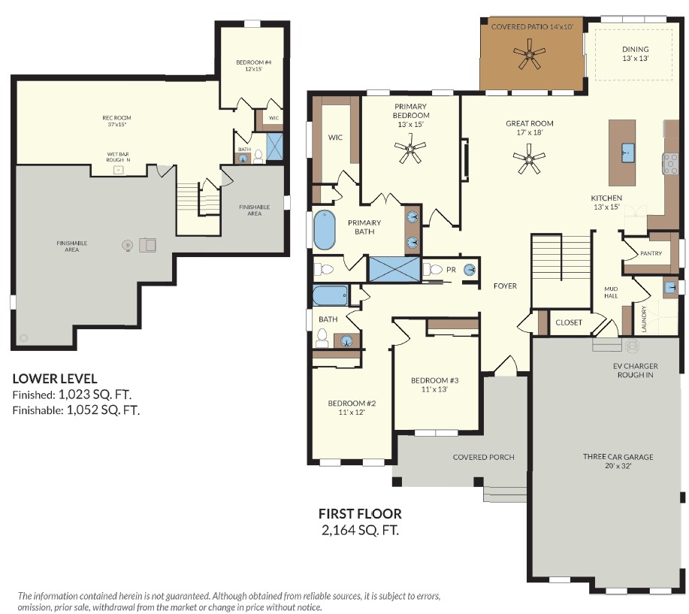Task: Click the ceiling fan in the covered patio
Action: click(530, 54)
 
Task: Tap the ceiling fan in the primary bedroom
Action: click(410, 150)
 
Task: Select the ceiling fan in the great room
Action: click(529, 159)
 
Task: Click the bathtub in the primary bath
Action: click(325, 230)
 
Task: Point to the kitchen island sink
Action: click(627, 153)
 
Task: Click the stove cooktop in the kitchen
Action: click(670, 164)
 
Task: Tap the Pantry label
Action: click(651, 253)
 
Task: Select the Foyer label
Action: click(505, 286)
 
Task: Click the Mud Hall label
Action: click(611, 292)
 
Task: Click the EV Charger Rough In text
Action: click(636, 371)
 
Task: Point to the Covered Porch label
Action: click(483, 458)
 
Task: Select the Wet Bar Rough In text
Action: click(118, 157)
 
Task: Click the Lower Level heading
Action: click(55, 379)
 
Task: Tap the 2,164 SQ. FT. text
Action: click(361, 531)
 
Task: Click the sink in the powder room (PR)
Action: click(470, 269)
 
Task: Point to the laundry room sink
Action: click(670, 288)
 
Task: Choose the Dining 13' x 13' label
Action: click(636, 53)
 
